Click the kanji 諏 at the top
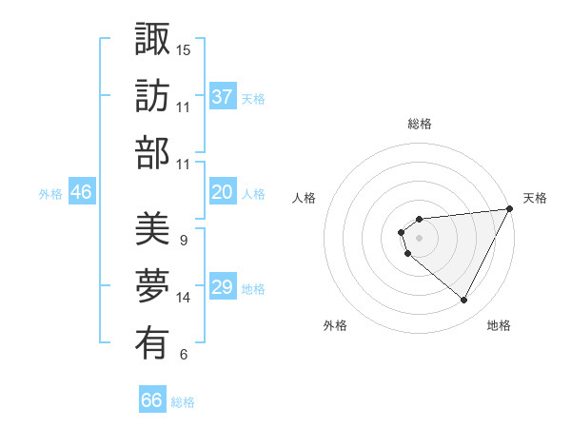pos(152,40)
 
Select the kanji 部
pos(152,152)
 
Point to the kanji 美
pos(152,228)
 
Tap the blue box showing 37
pos(223,96)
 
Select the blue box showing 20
pos(223,192)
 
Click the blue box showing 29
pos(223,287)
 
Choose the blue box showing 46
pos(81,192)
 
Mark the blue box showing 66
pos(152,400)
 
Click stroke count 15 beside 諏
pos(184,49)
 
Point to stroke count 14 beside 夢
pos(184,298)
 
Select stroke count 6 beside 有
pos(183,355)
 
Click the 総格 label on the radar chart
pos(419,124)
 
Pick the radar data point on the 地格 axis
pos(464,301)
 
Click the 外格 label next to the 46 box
pos(50,193)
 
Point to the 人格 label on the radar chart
pos(305,198)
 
